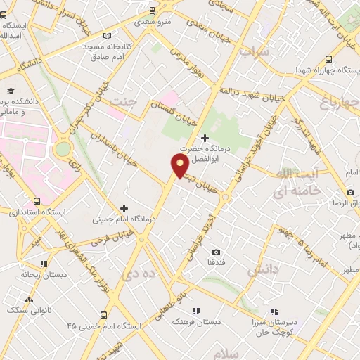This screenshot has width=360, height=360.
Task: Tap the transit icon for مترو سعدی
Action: click(x=152, y=11)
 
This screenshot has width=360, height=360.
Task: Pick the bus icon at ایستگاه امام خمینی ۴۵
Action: click(x=104, y=316)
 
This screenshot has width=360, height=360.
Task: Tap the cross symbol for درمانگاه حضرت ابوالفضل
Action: click(x=205, y=138)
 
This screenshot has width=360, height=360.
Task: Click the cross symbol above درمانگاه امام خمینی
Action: click(x=124, y=207)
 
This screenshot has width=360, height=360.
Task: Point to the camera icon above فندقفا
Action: click(x=216, y=252)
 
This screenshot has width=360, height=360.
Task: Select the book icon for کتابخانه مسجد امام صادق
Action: click(x=107, y=35)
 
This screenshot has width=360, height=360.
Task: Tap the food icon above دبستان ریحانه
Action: click(x=44, y=264)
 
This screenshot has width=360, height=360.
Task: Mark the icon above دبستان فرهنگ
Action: click(x=196, y=310)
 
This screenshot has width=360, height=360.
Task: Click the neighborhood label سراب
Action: click(x=255, y=51)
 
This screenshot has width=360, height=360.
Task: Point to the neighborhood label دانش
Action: click(x=262, y=269)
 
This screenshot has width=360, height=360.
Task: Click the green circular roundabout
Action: click(x=63, y=149)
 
